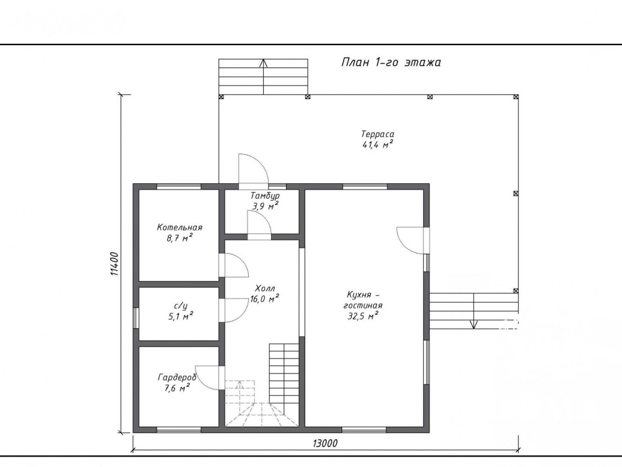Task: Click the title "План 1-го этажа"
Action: tap(391, 63)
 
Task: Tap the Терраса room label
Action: tap(378, 134)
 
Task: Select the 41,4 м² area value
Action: tap(378, 144)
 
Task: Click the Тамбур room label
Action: tap(265, 196)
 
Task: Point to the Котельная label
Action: tap(179, 227)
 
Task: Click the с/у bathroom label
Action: tap(181, 306)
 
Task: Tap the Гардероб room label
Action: tap(177, 377)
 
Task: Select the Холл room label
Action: tap(265, 288)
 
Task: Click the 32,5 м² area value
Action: tap(362, 316)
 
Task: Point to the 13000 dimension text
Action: tap(325, 443)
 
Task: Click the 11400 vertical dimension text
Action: tap(114, 264)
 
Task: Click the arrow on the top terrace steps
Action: tap(264, 77)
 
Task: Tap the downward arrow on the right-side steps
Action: tap(473, 310)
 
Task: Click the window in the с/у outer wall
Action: tap(136, 318)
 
